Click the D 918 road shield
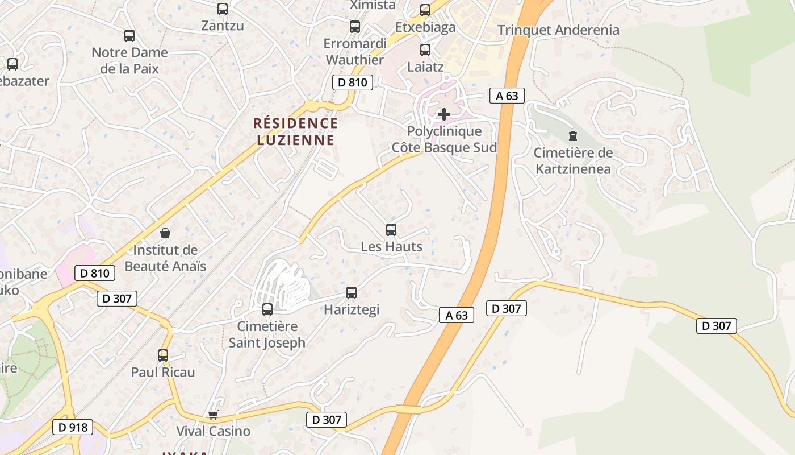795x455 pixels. (x=72, y=427)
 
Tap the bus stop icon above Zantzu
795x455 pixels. (x=223, y=9)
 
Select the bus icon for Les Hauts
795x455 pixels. (x=391, y=230)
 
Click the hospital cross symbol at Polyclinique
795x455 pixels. (x=444, y=114)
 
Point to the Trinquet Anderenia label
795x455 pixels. (x=558, y=30)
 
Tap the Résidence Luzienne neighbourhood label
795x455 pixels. (x=295, y=131)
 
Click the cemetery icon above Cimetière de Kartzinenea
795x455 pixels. (x=573, y=136)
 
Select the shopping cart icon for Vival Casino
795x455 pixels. (x=213, y=415)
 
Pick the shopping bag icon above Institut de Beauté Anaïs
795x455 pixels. (x=165, y=233)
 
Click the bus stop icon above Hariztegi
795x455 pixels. (x=352, y=293)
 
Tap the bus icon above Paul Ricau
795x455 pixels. (x=163, y=355)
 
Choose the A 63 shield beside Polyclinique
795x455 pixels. (x=507, y=96)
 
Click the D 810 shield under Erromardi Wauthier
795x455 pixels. (x=352, y=82)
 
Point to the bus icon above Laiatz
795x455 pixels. (x=425, y=50)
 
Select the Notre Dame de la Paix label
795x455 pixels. (x=129, y=60)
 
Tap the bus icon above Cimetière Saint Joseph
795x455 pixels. (x=267, y=309)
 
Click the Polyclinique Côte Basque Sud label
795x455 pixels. (x=444, y=140)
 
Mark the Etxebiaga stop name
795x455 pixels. (x=425, y=27)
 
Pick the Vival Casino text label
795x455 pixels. (x=213, y=431)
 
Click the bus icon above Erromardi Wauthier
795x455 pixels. (x=355, y=26)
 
